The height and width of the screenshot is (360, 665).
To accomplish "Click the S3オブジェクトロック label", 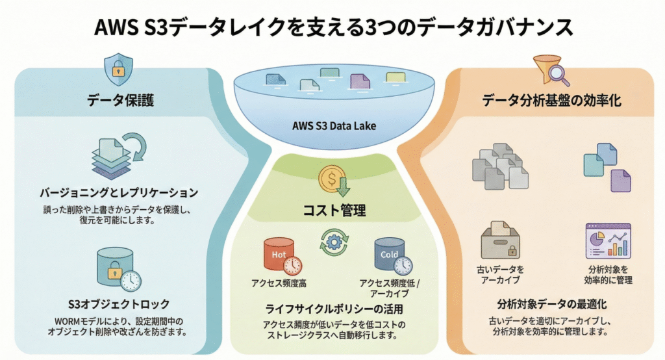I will [118, 303].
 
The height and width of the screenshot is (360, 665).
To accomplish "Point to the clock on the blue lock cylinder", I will [131, 280].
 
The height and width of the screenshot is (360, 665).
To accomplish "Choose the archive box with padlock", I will [499, 242].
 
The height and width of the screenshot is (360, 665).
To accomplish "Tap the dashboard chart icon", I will [608, 240].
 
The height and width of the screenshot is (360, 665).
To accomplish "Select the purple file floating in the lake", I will [359, 81].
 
